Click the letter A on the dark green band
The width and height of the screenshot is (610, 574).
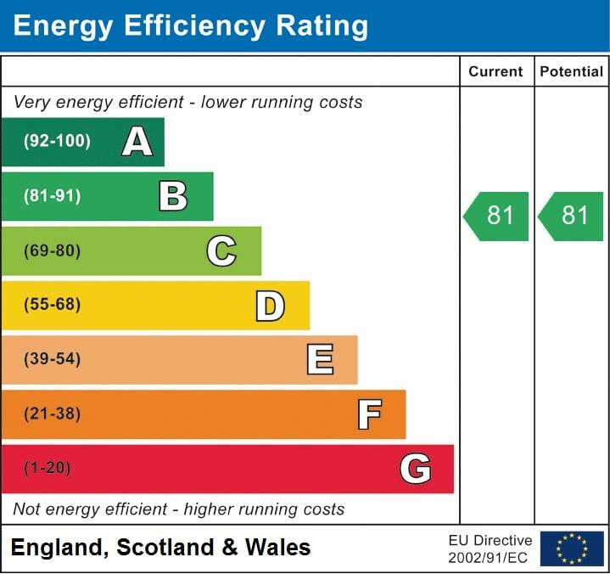pyautogui.click(x=137, y=142)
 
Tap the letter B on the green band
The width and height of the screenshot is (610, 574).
pyautogui.click(x=173, y=196)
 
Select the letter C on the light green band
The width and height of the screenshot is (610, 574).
pyautogui.click(x=221, y=250)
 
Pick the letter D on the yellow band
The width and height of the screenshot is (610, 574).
pyautogui.click(x=270, y=306)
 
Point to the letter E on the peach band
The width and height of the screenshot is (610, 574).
pyautogui.click(x=319, y=360)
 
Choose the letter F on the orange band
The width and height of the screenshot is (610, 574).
pyautogui.click(x=368, y=414)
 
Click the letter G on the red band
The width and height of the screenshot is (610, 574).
pyautogui.click(x=416, y=469)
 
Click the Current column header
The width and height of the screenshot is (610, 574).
pyautogui.click(x=496, y=72)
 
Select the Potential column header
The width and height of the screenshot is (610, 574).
pyautogui.click(x=572, y=72)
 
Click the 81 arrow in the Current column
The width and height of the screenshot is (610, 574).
pyautogui.click(x=497, y=216)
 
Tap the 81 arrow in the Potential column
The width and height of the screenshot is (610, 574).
pyautogui.click(x=572, y=216)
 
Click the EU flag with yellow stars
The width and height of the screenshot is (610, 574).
pyautogui.click(x=572, y=549)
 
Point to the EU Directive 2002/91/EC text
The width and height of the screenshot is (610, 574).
pyautogui.click(x=490, y=549)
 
